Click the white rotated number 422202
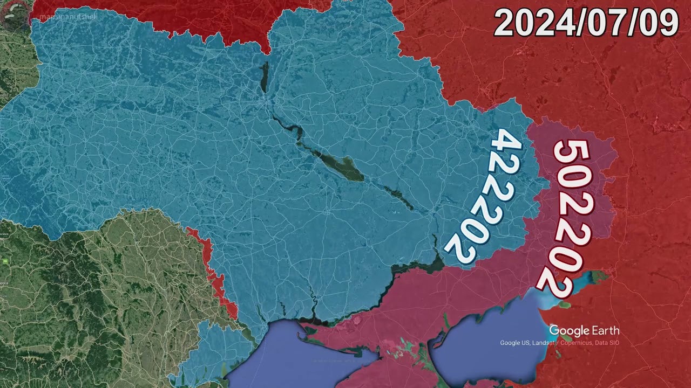[x=483, y=197]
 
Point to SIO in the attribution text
[x=614, y=343]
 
